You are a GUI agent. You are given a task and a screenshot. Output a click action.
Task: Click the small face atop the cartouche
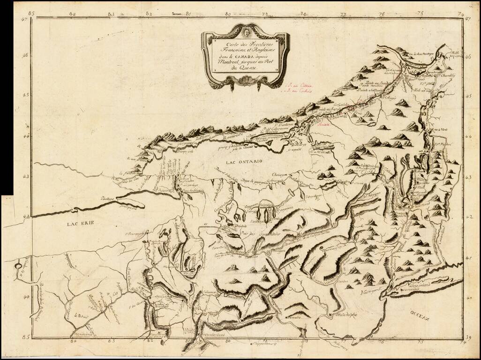point(243,32)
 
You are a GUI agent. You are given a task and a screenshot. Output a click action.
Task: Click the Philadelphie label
point(345,315)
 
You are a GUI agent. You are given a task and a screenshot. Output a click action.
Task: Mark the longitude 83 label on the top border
point(111,14)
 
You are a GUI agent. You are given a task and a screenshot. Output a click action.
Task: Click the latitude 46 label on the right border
point(469,55)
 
